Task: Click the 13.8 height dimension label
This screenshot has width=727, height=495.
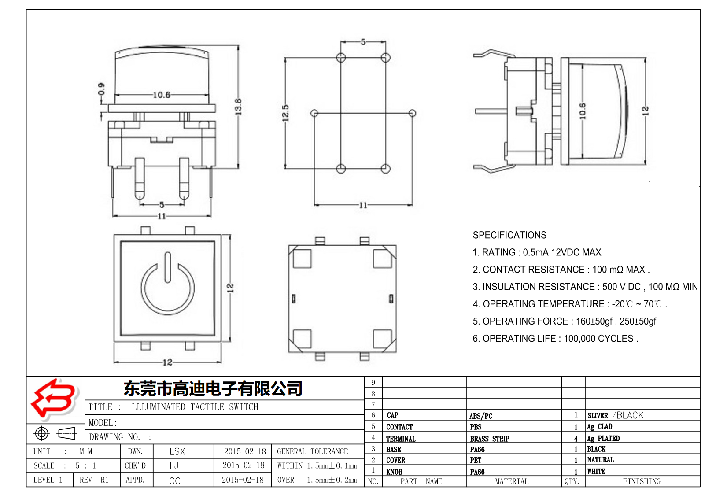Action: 238,107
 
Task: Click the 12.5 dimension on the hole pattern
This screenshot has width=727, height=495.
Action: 286,113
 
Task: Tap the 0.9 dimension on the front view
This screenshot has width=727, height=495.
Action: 102,89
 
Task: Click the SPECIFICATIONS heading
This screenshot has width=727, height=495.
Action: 509,235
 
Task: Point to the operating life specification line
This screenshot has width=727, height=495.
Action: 555,339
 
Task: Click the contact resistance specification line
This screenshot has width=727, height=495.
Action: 561,270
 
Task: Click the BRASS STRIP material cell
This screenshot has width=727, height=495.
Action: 489,439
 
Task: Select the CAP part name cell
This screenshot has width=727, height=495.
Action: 392,415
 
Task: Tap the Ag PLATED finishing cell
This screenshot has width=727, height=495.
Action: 603,439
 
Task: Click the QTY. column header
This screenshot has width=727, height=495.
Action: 572,481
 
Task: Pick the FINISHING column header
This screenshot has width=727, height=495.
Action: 642,481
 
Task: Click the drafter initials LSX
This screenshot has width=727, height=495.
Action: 177,451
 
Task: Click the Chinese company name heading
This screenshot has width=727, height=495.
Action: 213,389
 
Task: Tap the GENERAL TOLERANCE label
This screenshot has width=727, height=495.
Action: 312,451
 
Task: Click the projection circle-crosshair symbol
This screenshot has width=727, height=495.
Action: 42,433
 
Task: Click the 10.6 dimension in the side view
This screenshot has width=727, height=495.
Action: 583,111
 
